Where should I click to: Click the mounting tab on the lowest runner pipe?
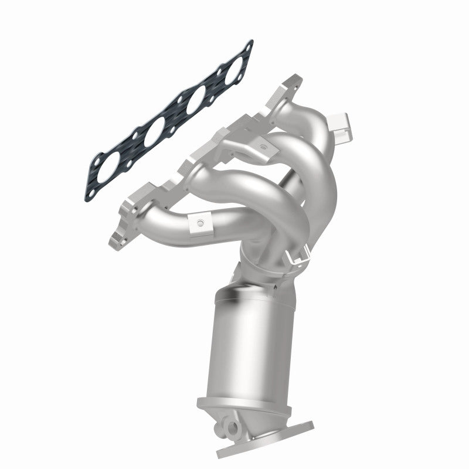tap(201, 223)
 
